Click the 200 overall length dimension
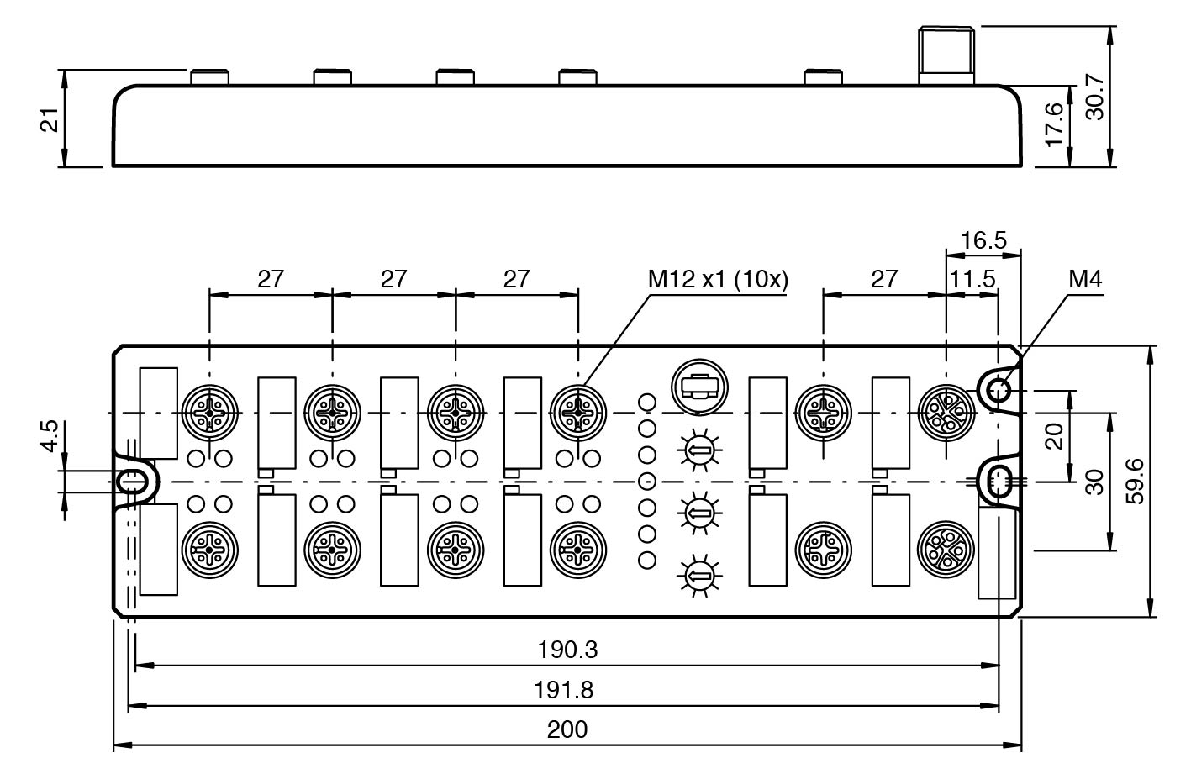[567, 729]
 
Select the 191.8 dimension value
[564, 690]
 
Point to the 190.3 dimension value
[567, 649]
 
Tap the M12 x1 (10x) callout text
[718, 280]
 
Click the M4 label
[1084, 280]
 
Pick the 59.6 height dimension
[1135, 481]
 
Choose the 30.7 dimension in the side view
[1095, 97]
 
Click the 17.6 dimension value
[1055, 124]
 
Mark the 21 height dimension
[50, 119]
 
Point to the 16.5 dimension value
[983, 240]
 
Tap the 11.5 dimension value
[972, 279]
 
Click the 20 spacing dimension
[1054, 435]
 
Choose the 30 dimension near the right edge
[1094, 481]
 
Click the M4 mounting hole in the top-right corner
[998, 389]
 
